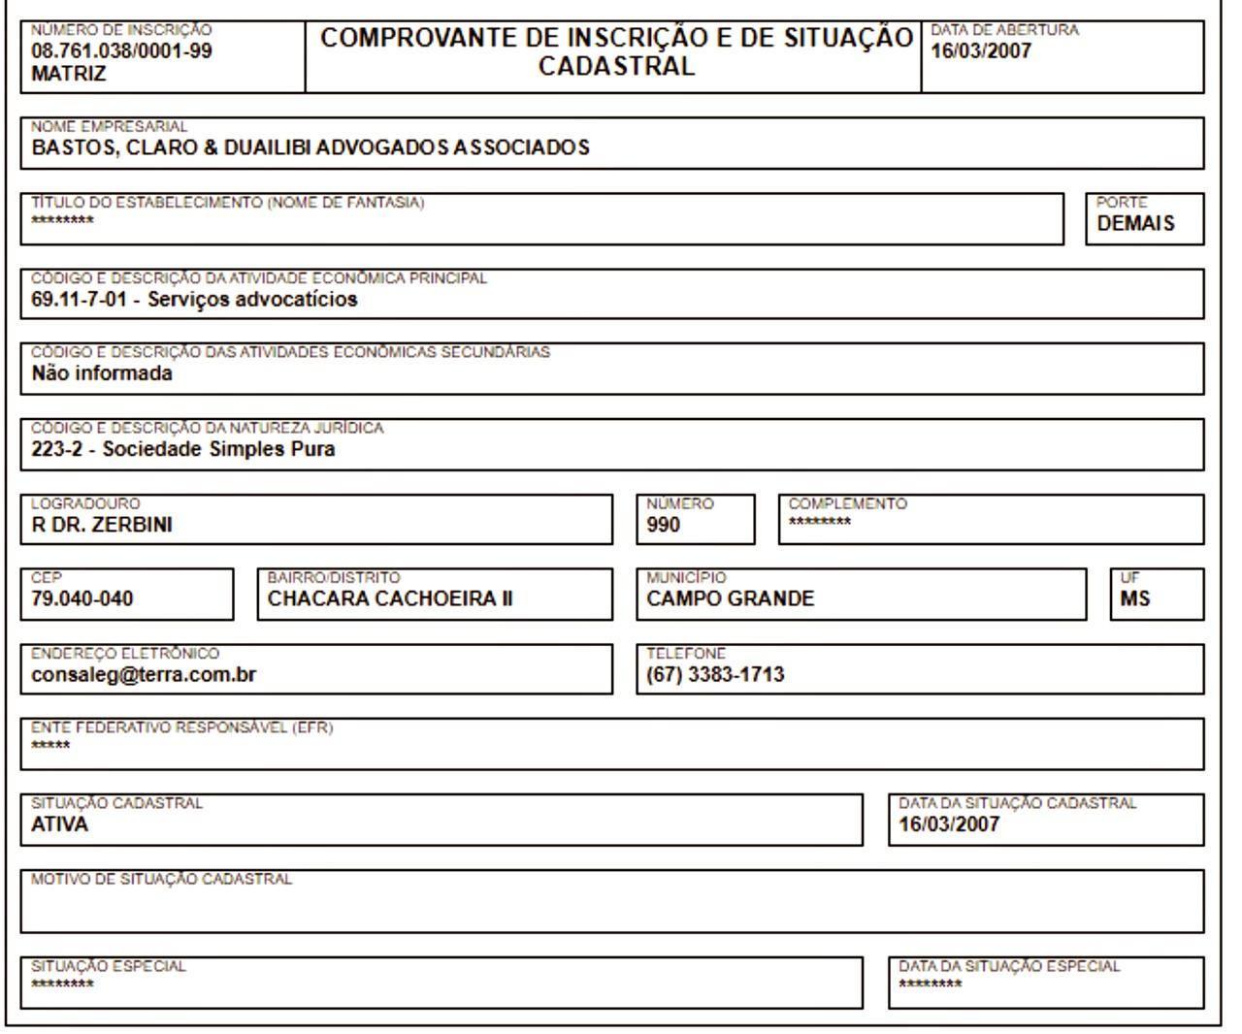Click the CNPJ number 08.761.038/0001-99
coord(121,51)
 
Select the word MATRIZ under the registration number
coord(69,74)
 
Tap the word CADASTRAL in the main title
coord(616,67)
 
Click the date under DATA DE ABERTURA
coord(981,51)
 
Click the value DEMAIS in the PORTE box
coord(1135,224)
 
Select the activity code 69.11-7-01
coord(79,300)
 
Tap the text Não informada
coord(102,374)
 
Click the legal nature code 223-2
coord(56,450)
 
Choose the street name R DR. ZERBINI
coord(102,526)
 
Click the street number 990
coord(664,526)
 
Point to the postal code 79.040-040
coord(82,599)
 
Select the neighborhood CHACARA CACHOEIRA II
coord(390,599)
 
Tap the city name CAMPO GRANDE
coord(731,599)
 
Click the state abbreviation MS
coord(1134,599)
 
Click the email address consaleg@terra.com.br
coord(144,675)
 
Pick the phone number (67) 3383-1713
coord(716,675)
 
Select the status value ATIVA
coord(59,825)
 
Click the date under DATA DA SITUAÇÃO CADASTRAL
coord(949,825)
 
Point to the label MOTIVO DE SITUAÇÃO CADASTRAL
coord(161,880)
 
